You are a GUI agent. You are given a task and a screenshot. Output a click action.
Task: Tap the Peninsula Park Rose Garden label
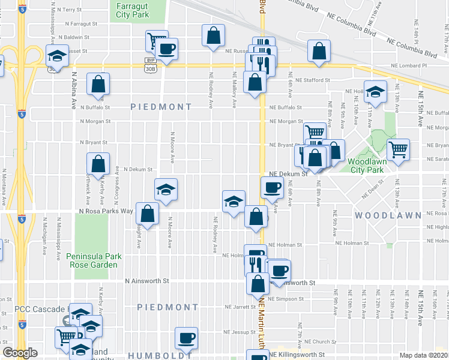click(x=94, y=260)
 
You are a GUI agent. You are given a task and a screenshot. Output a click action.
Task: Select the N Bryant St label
click(x=94, y=143)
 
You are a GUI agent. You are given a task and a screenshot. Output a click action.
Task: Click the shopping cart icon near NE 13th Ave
click(x=397, y=149)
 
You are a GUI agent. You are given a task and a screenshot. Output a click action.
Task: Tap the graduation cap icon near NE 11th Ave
click(x=376, y=92)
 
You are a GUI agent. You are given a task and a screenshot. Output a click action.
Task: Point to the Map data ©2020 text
click(x=424, y=355)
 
